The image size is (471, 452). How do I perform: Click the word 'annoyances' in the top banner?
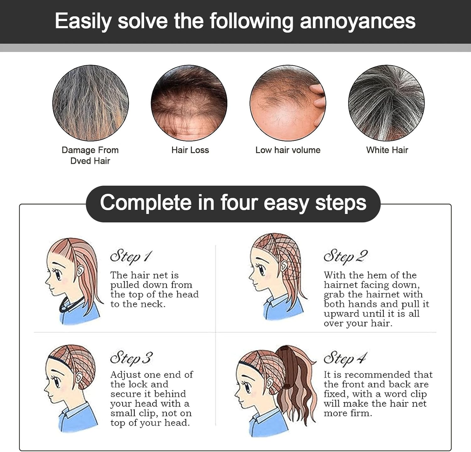coord(357,21)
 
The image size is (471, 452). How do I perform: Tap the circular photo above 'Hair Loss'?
coord(189,103)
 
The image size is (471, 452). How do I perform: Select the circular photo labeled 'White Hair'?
coord(386,103)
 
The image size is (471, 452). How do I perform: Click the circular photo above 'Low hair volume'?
coord(288,103)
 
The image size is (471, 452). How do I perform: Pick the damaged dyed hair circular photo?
coord(90,103)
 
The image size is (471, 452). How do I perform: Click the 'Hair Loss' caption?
coord(190,150)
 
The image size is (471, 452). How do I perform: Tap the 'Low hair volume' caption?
coord(288,150)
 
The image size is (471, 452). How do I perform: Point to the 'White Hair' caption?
coord(387,150)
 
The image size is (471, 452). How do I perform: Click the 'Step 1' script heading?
coord(131,256)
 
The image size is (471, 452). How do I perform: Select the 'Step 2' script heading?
coord(345,256)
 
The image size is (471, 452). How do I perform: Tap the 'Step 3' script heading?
coord(131,358)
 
